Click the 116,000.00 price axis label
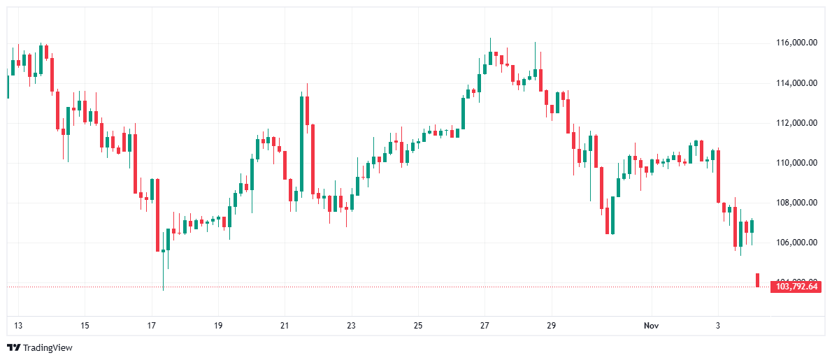click(797, 43)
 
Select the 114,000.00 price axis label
click(797, 83)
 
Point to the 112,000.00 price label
click(797, 123)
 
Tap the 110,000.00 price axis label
click(797, 163)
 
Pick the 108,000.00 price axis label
click(797, 203)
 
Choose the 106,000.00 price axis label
click(797, 243)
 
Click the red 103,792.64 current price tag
click(795, 287)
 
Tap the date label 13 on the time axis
click(18, 326)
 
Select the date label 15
click(85, 326)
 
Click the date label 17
click(151, 326)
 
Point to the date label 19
click(218, 326)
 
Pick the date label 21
click(285, 326)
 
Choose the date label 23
click(351, 326)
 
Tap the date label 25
click(418, 326)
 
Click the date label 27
click(485, 326)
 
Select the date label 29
click(551, 326)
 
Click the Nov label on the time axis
click(651, 326)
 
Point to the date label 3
click(718, 326)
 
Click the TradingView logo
click(40, 347)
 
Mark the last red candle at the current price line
click(758, 280)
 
